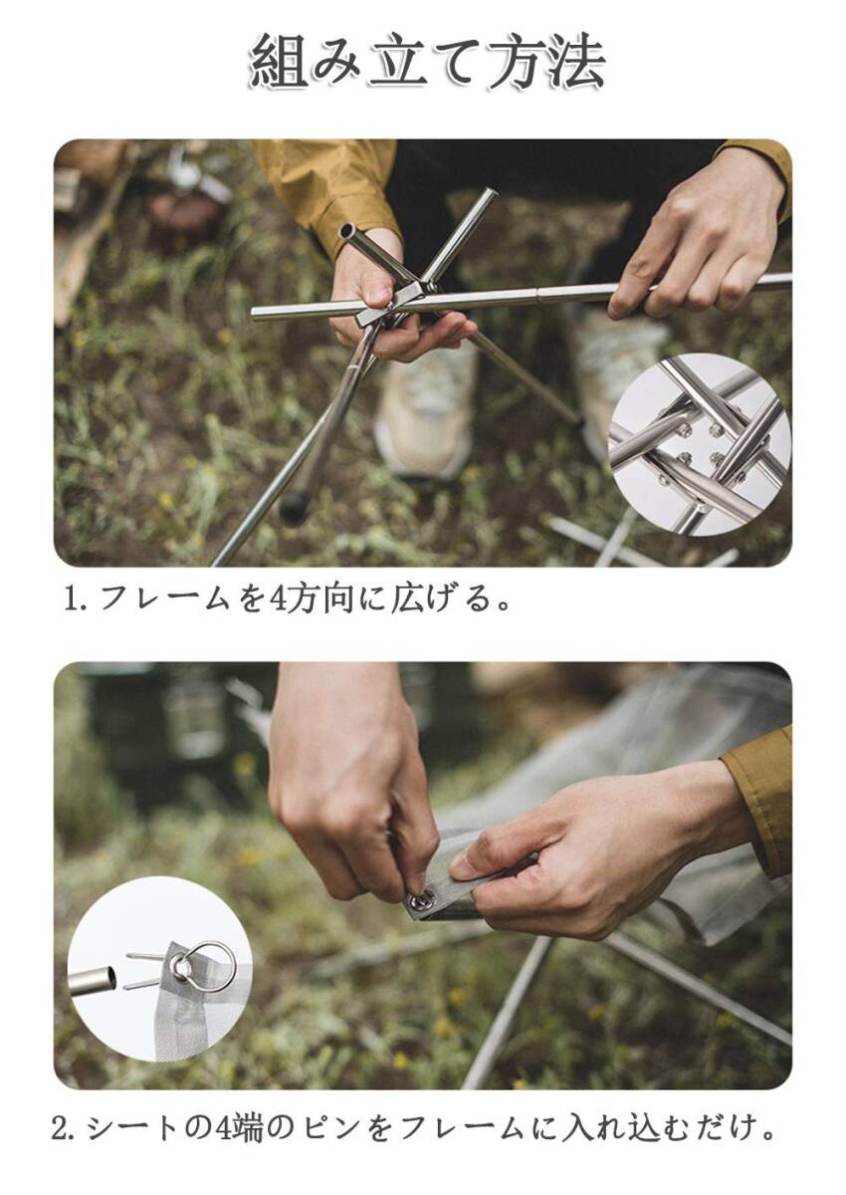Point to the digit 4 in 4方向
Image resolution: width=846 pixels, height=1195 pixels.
click(x=280, y=599)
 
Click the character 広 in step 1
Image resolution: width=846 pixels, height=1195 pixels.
click(x=407, y=598)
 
